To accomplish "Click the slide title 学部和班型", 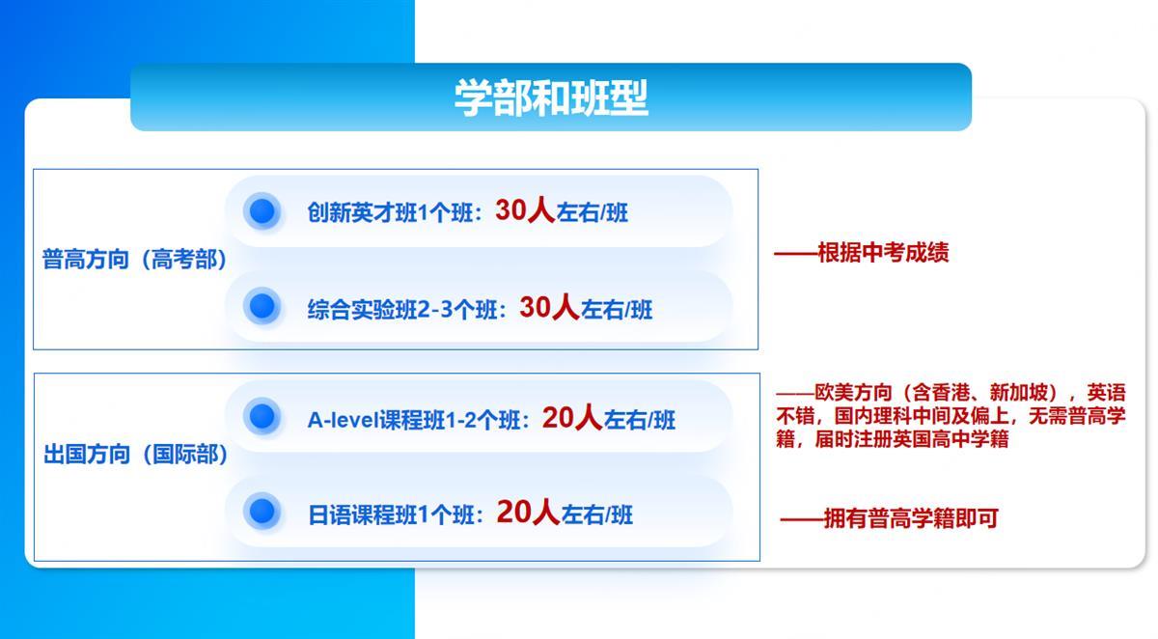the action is (551, 97).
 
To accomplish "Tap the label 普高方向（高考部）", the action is (134, 259).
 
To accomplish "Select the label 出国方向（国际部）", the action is (135, 455).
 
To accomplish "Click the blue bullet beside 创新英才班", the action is (262, 211).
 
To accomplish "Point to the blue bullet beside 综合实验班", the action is (262, 306).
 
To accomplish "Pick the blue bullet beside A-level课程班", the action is (262, 416).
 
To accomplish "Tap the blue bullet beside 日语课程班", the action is (262, 512).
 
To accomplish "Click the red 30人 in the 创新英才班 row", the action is (525, 209).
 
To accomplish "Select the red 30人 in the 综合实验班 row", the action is (549, 307).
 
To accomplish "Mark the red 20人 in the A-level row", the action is (572, 417).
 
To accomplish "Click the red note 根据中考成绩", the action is (883, 253).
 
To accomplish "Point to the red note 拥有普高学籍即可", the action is (911, 518).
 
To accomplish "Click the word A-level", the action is (343, 420).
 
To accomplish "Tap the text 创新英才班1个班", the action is (390, 212).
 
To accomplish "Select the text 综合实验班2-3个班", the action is (402, 310).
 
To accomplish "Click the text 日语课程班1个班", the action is (391, 514).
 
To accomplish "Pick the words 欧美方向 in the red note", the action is (853, 393).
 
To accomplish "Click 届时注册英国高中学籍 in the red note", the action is (911, 439).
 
